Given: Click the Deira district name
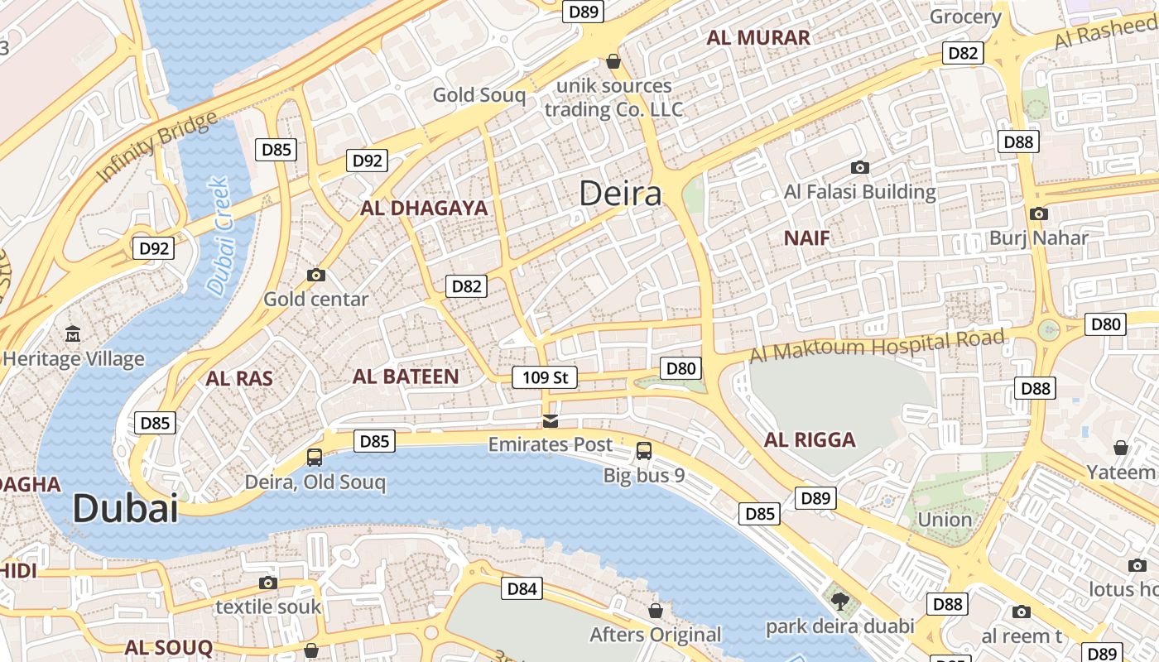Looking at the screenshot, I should pyautogui.click(x=620, y=194).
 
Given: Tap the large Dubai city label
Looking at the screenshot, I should pyautogui.click(x=125, y=507).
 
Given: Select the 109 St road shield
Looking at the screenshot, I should pyautogui.click(x=544, y=378).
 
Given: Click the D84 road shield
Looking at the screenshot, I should pyautogui.click(x=522, y=588).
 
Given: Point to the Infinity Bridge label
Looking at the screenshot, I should pyautogui.click(x=157, y=146).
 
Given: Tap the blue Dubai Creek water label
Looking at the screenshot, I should pyautogui.click(x=219, y=236).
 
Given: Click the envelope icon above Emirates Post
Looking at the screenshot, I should pyautogui.click(x=551, y=421).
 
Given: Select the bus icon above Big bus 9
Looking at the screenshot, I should pyautogui.click(x=644, y=451).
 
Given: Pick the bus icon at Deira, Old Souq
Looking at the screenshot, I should pyautogui.click(x=315, y=457).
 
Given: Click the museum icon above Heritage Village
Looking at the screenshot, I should pyautogui.click(x=73, y=334).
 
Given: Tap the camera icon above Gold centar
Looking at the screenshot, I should pyautogui.click(x=315, y=275).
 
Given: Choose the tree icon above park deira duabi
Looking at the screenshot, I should pyautogui.click(x=840, y=601).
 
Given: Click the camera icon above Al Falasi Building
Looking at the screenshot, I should pyautogui.click(x=860, y=167).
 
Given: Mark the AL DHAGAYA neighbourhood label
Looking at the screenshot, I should pyautogui.click(x=424, y=208).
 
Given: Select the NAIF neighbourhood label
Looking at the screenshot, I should pyautogui.click(x=806, y=238).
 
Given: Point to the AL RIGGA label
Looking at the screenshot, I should pyautogui.click(x=810, y=439).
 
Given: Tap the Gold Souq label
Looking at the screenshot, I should pyautogui.click(x=479, y=95).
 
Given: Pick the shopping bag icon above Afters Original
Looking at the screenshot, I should pyautogui.click(x=656, y=611).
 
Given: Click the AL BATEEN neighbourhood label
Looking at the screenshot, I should pyautogui.click(x=406, y=377).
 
